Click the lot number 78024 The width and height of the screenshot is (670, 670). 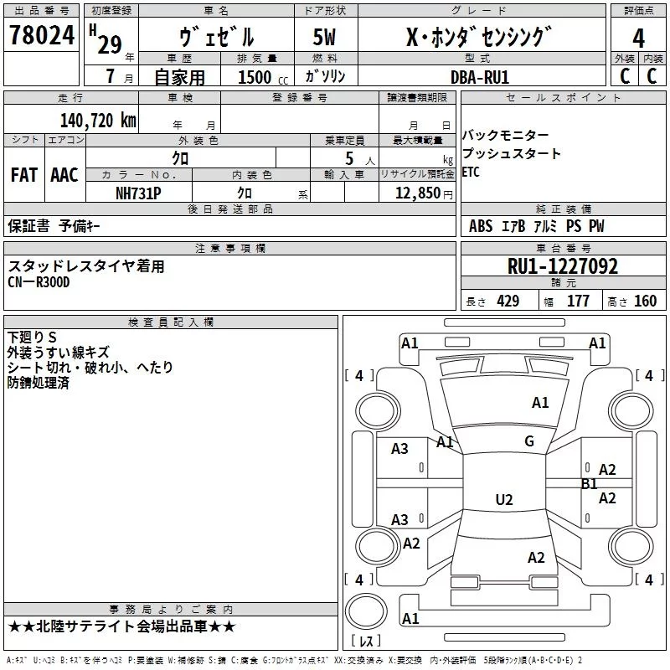click(42, 36)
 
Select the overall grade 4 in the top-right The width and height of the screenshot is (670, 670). click(639, 39)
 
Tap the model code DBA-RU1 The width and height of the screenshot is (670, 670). click(480, 76)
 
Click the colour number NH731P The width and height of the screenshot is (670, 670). click(139, 192)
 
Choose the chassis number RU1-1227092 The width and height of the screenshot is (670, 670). click(563, 266)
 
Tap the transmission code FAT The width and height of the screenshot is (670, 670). click(23, 175)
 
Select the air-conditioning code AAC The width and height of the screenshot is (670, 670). click(64, 175)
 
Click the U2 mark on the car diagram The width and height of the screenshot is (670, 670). click(503, 500)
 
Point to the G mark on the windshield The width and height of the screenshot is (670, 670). click(529, 441)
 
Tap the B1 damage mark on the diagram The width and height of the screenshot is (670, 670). click(590, 483)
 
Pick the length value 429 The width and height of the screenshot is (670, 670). click(507, 301)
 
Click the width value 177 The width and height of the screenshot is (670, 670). click(579, 301)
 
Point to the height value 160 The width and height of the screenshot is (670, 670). click(646, 301)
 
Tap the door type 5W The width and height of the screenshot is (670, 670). click(326, 39)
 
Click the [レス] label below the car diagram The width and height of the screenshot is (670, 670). click(366, 642)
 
